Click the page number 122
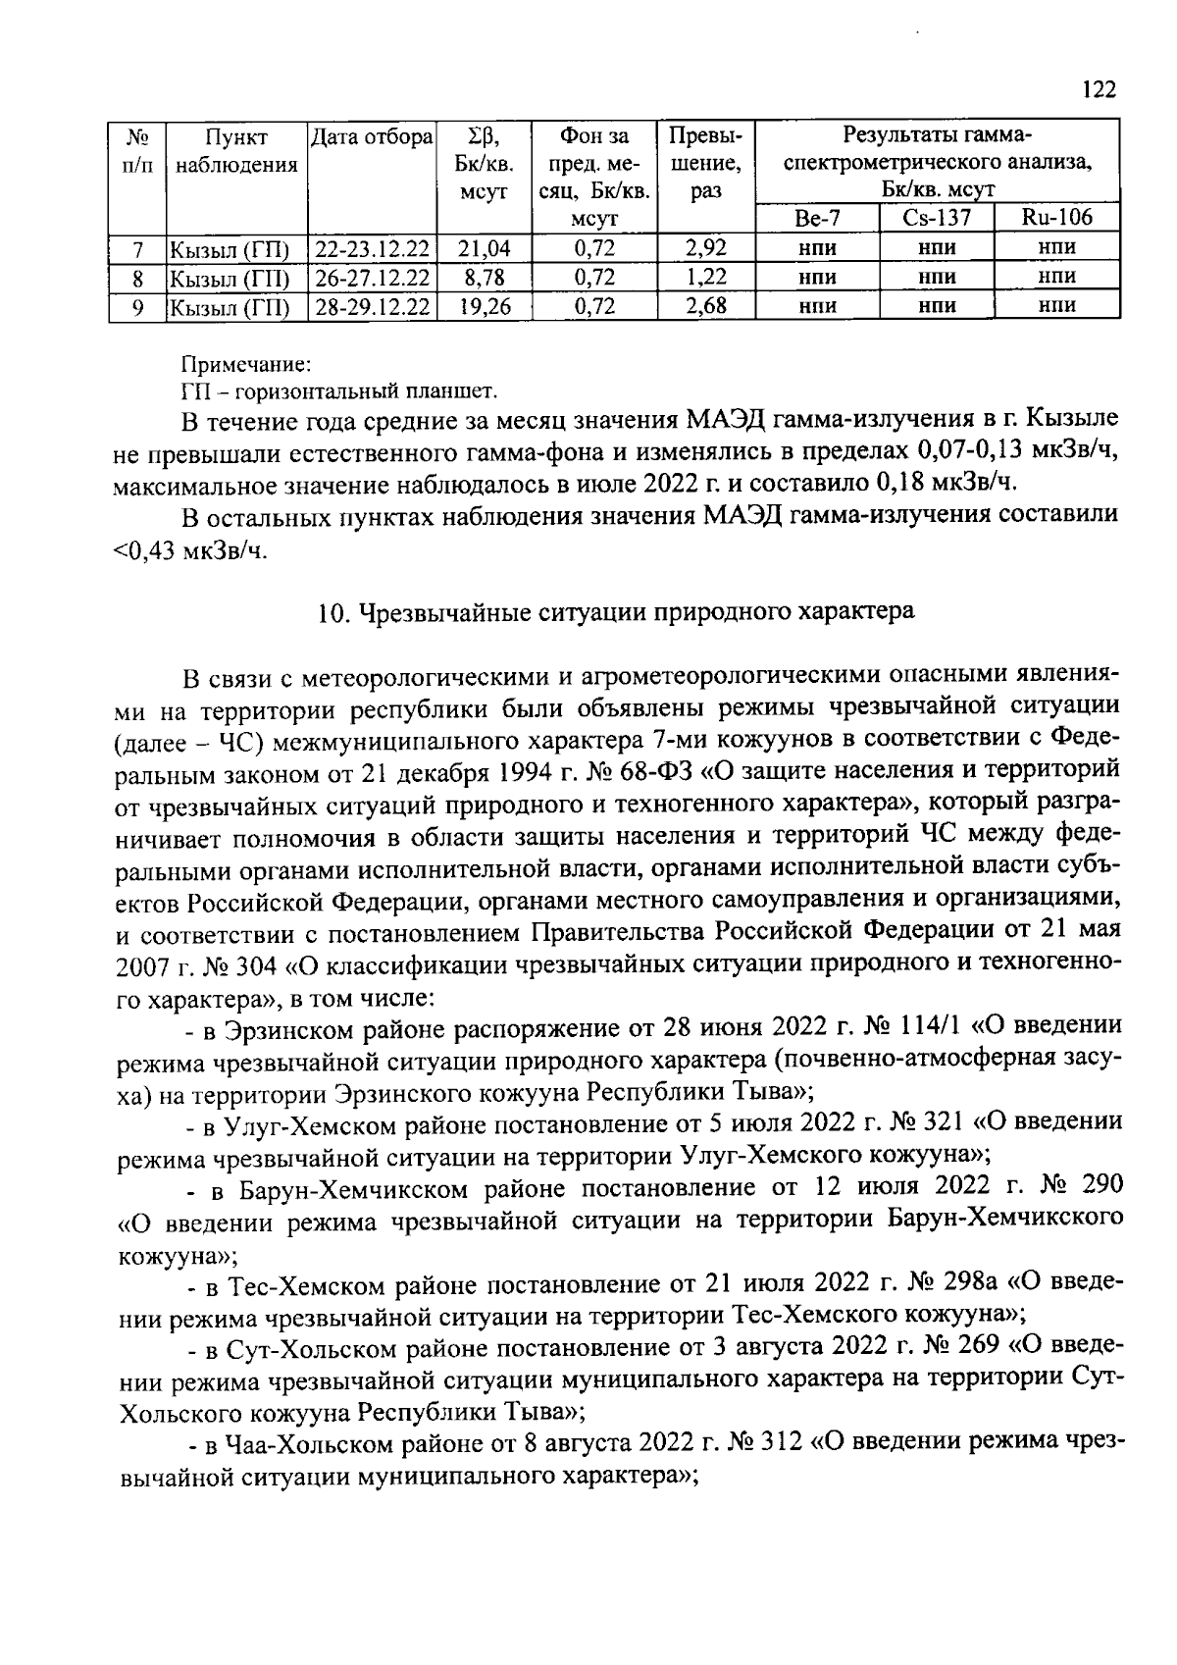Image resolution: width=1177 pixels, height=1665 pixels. (1100, 90)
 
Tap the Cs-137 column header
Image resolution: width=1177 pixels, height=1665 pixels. (936, 218)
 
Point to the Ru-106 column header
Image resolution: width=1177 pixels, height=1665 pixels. (1056, 218)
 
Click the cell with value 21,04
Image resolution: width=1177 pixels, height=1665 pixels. (485, 249)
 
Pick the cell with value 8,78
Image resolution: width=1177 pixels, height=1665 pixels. (485, 278)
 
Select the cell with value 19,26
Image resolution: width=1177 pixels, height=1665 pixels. (485, 306)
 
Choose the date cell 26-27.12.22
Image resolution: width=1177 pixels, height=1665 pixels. (373, 278)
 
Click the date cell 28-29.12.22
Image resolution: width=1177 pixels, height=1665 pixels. (373, 306)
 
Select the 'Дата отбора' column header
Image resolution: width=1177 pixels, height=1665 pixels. (372, 138)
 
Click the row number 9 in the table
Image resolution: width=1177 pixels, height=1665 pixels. (137, 306)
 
